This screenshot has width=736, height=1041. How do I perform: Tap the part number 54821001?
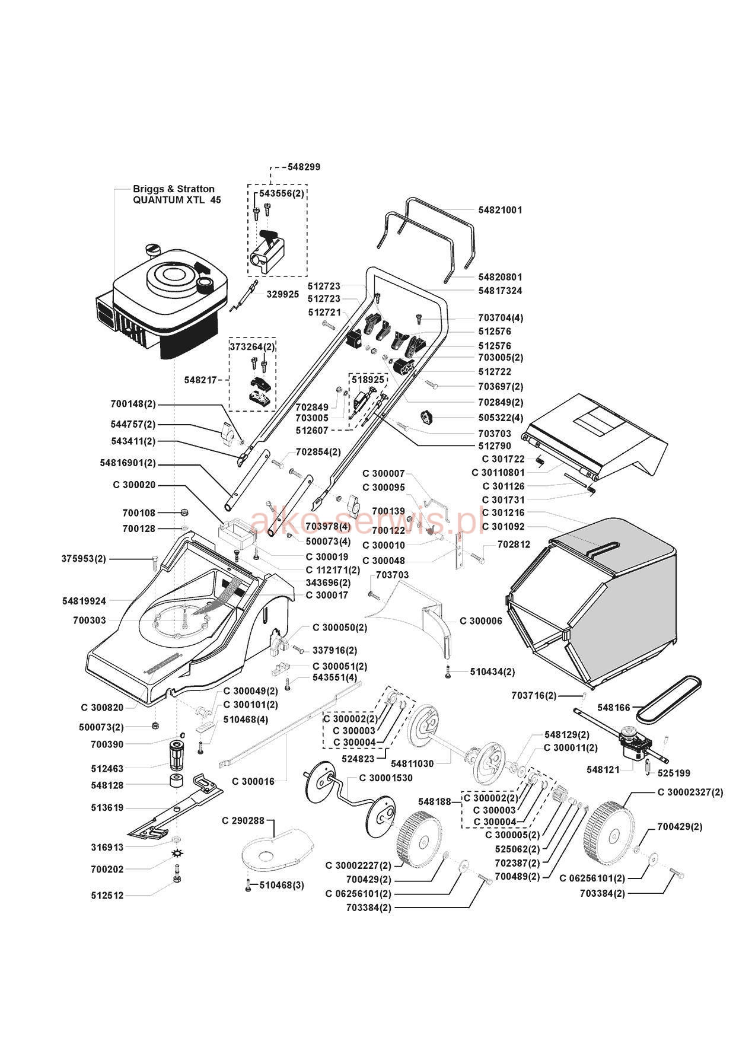coord(500,210)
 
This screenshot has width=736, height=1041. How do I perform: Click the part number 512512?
coord(107,895)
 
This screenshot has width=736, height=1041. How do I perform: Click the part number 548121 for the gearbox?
coord(603,769)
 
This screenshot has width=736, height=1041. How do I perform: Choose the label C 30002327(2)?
coord(690,792)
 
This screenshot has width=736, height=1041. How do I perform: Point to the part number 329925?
coord(282,294)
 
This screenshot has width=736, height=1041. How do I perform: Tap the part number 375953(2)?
coord(84,559)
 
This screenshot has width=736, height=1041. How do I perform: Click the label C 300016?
coord(253,781)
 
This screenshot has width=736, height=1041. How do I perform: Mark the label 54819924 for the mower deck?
coord(84,601)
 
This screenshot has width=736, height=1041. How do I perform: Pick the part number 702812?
coord(514,544)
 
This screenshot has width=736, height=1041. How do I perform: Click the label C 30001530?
coord(385,778)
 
